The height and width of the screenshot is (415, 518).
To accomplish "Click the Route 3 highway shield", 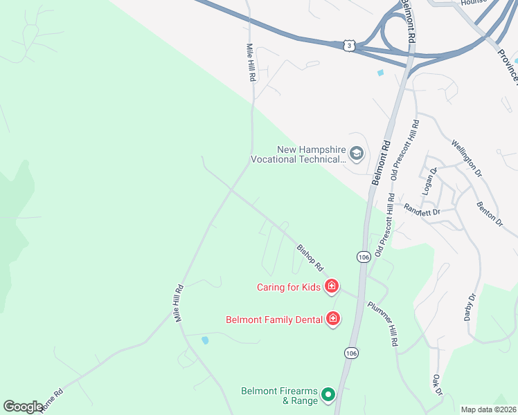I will pos(350,45).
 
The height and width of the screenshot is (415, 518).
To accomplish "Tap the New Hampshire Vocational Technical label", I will pos(311,154).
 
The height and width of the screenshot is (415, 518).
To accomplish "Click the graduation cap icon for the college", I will pos(357,153).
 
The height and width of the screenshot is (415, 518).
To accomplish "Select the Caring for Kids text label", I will pos(289,287).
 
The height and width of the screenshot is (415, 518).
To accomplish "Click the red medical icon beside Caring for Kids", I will pos(332,286).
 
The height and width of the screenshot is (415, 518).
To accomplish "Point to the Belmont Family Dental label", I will pos(274,320).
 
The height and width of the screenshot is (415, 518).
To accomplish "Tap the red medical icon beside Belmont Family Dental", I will pos(332,319).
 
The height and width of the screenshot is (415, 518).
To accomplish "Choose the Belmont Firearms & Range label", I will pos(280,395).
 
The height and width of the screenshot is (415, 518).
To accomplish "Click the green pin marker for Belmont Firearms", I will pos(329,396).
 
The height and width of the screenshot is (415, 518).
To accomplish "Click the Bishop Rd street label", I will pos(310,257).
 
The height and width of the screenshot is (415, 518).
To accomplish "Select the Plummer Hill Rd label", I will pos(383,324).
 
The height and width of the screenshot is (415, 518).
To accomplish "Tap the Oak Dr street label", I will pos(437,385).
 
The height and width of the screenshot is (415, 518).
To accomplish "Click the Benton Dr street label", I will pos(489,214).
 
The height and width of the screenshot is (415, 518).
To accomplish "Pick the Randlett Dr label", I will pos(422,209).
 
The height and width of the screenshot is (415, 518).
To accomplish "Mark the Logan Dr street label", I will pos(429,181).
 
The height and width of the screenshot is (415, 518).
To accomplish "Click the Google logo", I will pos(23,407).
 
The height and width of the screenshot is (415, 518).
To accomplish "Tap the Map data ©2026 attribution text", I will pos(488,409).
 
